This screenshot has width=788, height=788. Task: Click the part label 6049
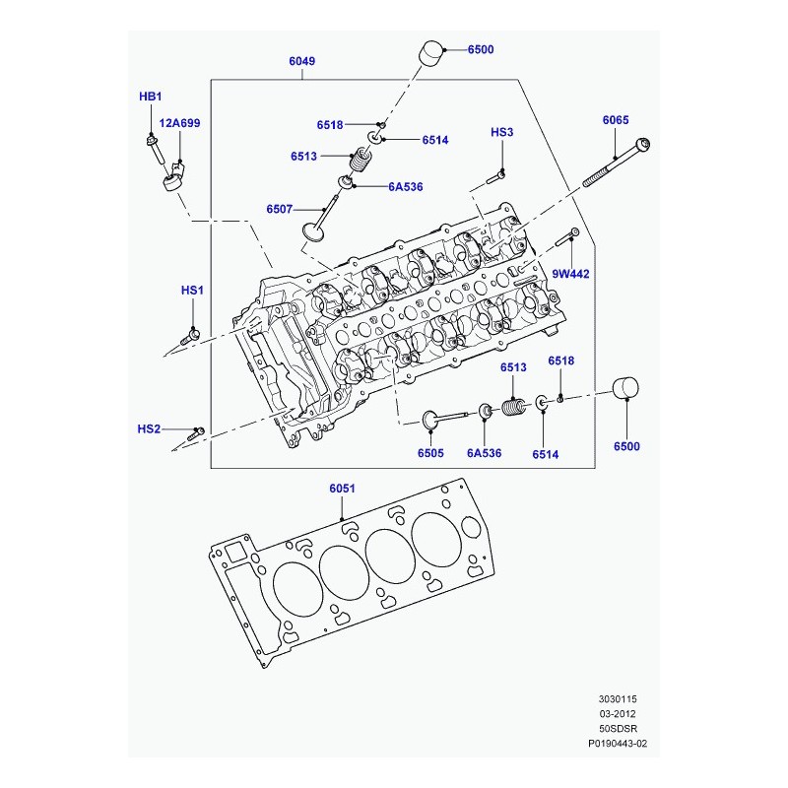302,61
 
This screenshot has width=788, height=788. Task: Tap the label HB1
151,96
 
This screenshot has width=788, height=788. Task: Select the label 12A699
179,122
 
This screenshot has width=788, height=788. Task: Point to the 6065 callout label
616,119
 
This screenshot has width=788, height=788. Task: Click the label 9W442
570,274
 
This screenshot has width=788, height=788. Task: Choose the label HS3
501,132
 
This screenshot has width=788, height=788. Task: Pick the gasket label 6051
342,488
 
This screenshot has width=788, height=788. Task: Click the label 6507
280,209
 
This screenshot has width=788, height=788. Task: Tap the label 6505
430,453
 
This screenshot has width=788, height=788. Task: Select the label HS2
149,428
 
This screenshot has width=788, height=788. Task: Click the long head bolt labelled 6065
617,163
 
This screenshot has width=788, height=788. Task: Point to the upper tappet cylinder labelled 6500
431,53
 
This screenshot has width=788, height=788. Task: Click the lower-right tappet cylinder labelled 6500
625,387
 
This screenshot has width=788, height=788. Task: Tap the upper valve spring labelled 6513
361,160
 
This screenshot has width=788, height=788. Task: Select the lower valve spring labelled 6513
513,406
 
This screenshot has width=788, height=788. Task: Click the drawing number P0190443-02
618,743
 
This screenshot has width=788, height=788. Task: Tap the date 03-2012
618,713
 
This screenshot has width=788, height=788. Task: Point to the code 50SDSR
618,728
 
